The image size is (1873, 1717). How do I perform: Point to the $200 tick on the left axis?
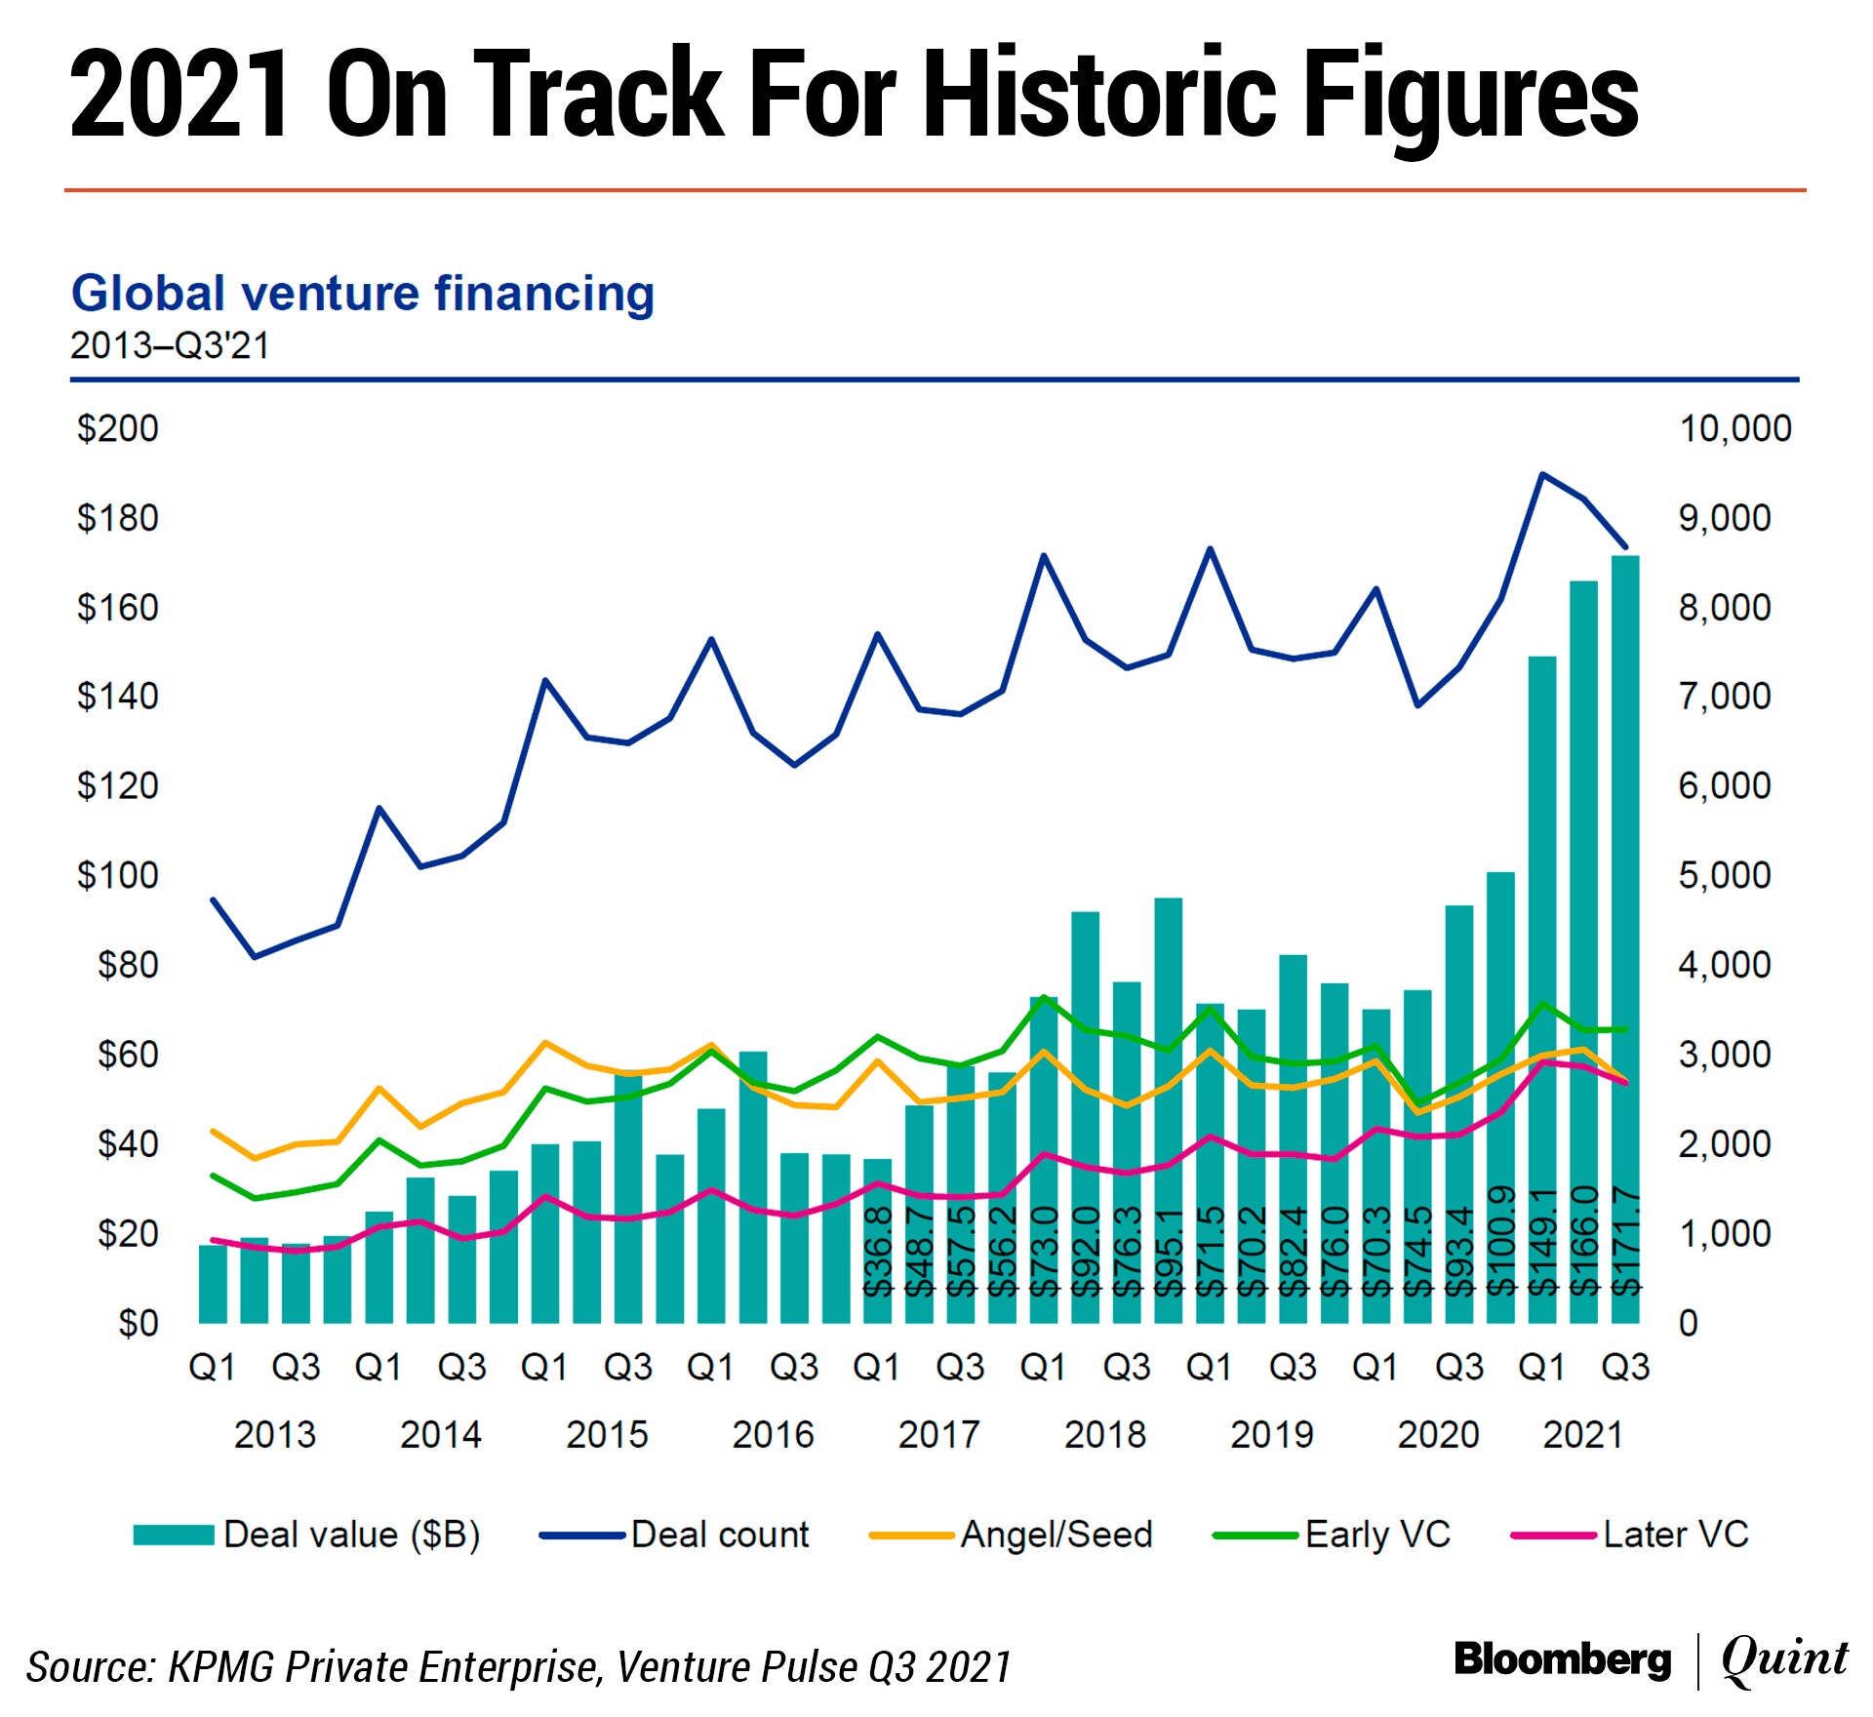118,428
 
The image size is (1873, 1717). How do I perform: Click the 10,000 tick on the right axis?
1734,428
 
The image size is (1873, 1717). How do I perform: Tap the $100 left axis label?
118,875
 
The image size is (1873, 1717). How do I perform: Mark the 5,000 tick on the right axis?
1724,875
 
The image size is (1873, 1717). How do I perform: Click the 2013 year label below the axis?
275,1434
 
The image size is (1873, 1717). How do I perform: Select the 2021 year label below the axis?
1582,1434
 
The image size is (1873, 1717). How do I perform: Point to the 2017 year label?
938,1434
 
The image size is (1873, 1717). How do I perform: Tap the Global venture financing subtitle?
363,294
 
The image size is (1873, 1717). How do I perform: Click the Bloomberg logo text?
1562,1659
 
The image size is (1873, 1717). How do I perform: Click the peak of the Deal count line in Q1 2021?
1541,475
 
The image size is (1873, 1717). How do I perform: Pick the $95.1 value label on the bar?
1169,1252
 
